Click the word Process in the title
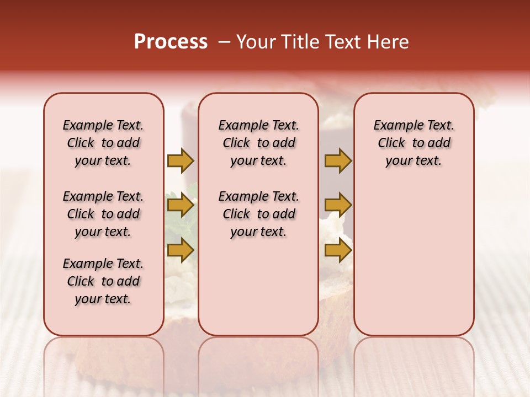coord(171,42)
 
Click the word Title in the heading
coord(300,42)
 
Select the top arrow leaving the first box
coord(181,161)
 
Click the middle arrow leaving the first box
coord(181,206)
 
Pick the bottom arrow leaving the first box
coord(181,250)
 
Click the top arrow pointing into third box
coord(338,161)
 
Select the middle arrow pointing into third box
coord(338,206)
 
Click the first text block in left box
coord(103,143)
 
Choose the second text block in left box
coord(103,214)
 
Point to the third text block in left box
coord(103,281)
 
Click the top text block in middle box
coord(258,143)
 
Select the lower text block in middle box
coord(258,214)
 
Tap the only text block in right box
coord(414,143)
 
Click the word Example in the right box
coord(395,126)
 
